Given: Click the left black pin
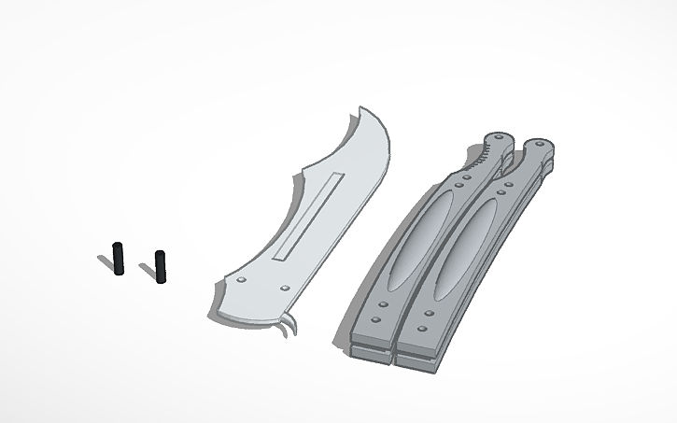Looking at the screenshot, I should pos(120,260).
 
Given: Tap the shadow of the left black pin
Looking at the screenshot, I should pos(106,261).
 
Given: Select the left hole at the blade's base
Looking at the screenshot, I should pos(242,279).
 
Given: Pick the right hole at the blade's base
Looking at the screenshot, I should pos(283,288).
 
